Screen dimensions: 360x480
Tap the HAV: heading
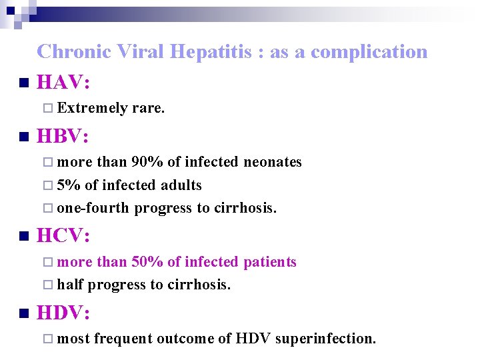coord(64,83)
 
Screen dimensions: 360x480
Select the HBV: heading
coord(63,137)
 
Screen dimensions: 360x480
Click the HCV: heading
coord(63,236)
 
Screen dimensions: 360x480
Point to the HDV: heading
coord(64,313)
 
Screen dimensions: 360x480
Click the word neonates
coord(273,162)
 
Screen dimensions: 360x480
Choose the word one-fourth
coord(93,208)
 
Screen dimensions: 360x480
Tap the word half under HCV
coord(70,285)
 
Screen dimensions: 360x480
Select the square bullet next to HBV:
coord(24,138)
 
